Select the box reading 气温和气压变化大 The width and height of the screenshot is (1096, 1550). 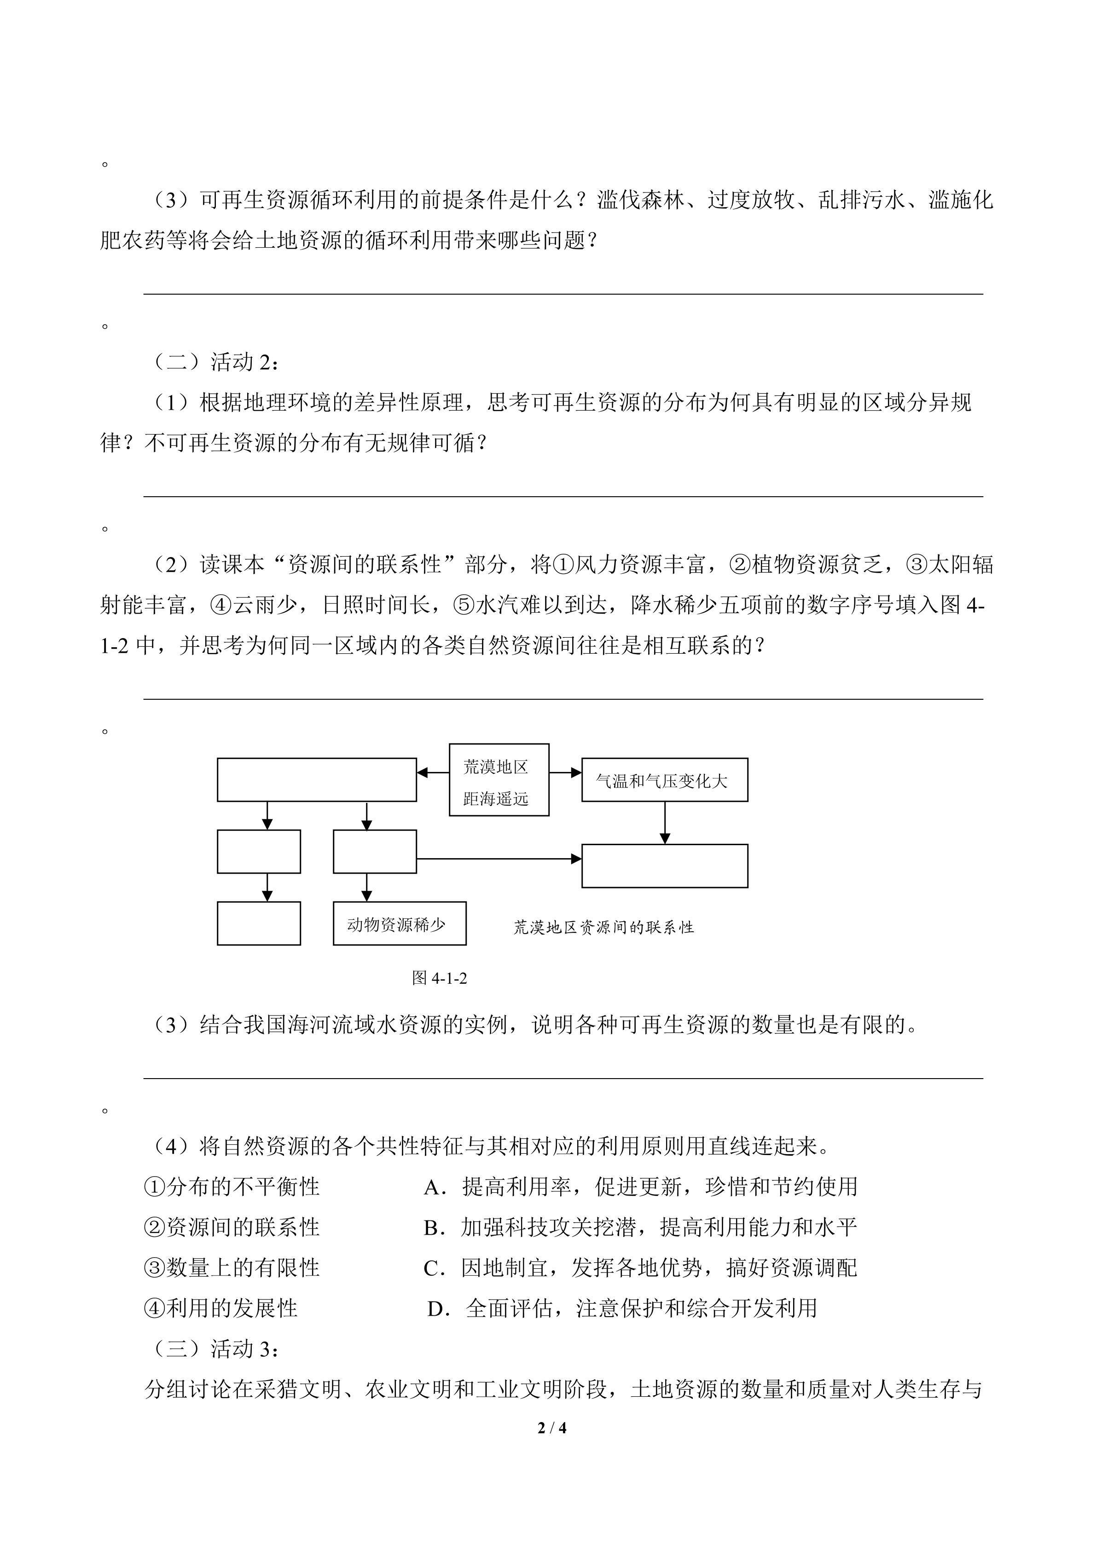pos(664,780)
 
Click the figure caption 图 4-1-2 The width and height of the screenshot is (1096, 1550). pos(439,977)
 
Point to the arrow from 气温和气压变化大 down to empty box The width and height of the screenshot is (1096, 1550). pos(665,822)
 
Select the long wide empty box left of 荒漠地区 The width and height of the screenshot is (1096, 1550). pos(317,780)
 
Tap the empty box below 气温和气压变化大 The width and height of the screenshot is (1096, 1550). pos(664,865)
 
